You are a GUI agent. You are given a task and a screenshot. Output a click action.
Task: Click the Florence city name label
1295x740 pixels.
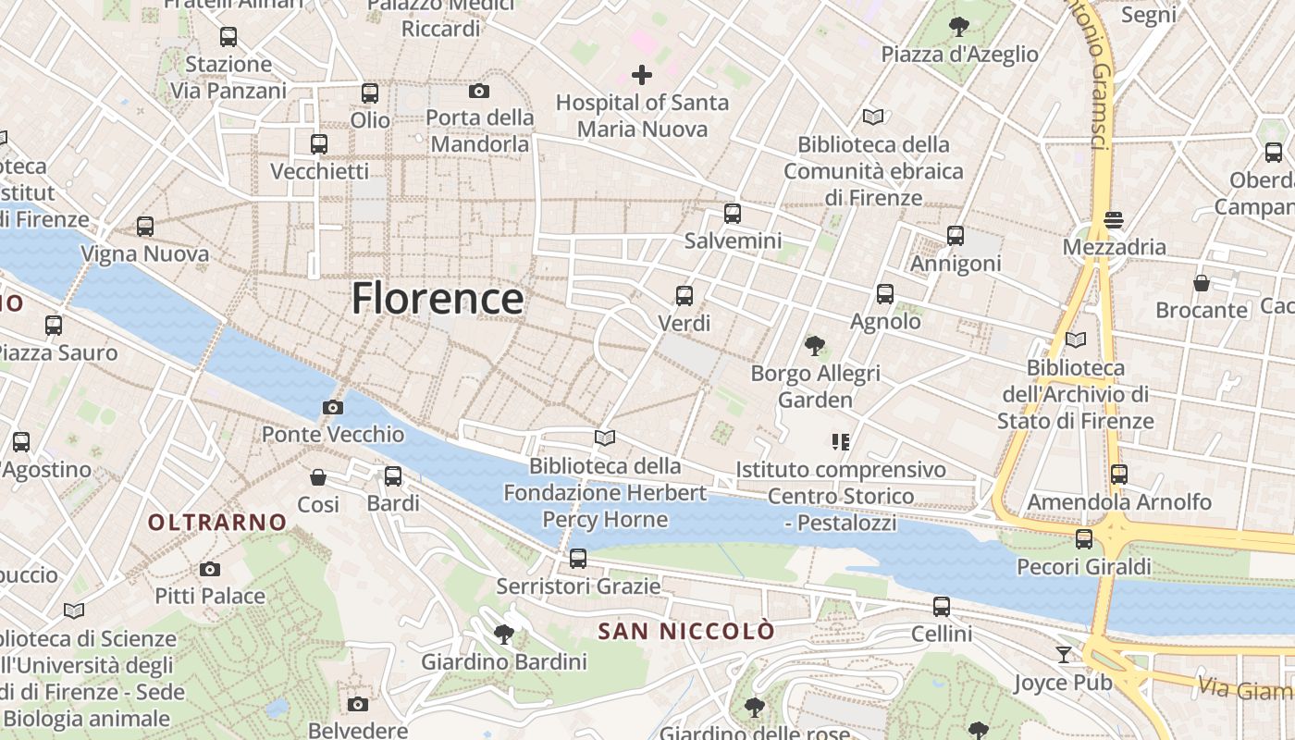tap(438, 299)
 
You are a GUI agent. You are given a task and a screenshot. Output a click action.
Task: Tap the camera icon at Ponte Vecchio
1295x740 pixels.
tap(333, 407)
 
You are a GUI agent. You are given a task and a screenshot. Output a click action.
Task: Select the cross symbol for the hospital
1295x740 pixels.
tap(642, 75)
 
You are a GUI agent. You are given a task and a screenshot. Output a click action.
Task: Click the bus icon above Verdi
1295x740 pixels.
tap(684, 296)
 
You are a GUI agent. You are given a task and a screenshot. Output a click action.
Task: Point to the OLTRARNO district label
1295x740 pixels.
tap(218, 523)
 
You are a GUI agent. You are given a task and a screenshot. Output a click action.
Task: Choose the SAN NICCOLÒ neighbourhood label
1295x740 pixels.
tap(686, 632)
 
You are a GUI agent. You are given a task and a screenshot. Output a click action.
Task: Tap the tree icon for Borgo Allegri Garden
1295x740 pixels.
tap(815, 346)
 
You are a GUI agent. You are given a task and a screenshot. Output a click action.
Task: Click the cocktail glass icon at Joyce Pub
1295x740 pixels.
tap(1064, 655)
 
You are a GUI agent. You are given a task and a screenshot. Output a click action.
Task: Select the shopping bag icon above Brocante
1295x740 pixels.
tap(1202, 283)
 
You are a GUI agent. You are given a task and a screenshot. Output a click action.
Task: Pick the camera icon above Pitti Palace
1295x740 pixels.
tap(210, 569)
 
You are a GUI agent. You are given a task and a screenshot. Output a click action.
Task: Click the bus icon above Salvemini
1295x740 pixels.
tap(733, 214)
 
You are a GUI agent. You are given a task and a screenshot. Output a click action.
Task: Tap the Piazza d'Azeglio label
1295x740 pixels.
tap(959, 54)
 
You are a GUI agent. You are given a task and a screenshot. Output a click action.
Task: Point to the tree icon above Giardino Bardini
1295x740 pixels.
tap(504, 635)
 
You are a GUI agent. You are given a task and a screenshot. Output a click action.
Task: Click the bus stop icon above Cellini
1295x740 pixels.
tap(942, 607)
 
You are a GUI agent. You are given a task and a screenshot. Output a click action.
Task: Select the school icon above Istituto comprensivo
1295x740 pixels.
tap(841, 442)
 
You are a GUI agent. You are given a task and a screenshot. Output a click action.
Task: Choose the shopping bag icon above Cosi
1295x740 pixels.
tap(318, 477)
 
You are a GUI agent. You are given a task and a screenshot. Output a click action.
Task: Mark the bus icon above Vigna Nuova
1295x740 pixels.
tap(145, 227)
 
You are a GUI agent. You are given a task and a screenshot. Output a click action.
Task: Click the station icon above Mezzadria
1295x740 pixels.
tap(1114, 220)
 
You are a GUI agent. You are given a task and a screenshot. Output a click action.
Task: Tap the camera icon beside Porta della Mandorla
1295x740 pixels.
tap(478, 91)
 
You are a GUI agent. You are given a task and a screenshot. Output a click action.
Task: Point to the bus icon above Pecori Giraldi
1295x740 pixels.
tap(1084, 539)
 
